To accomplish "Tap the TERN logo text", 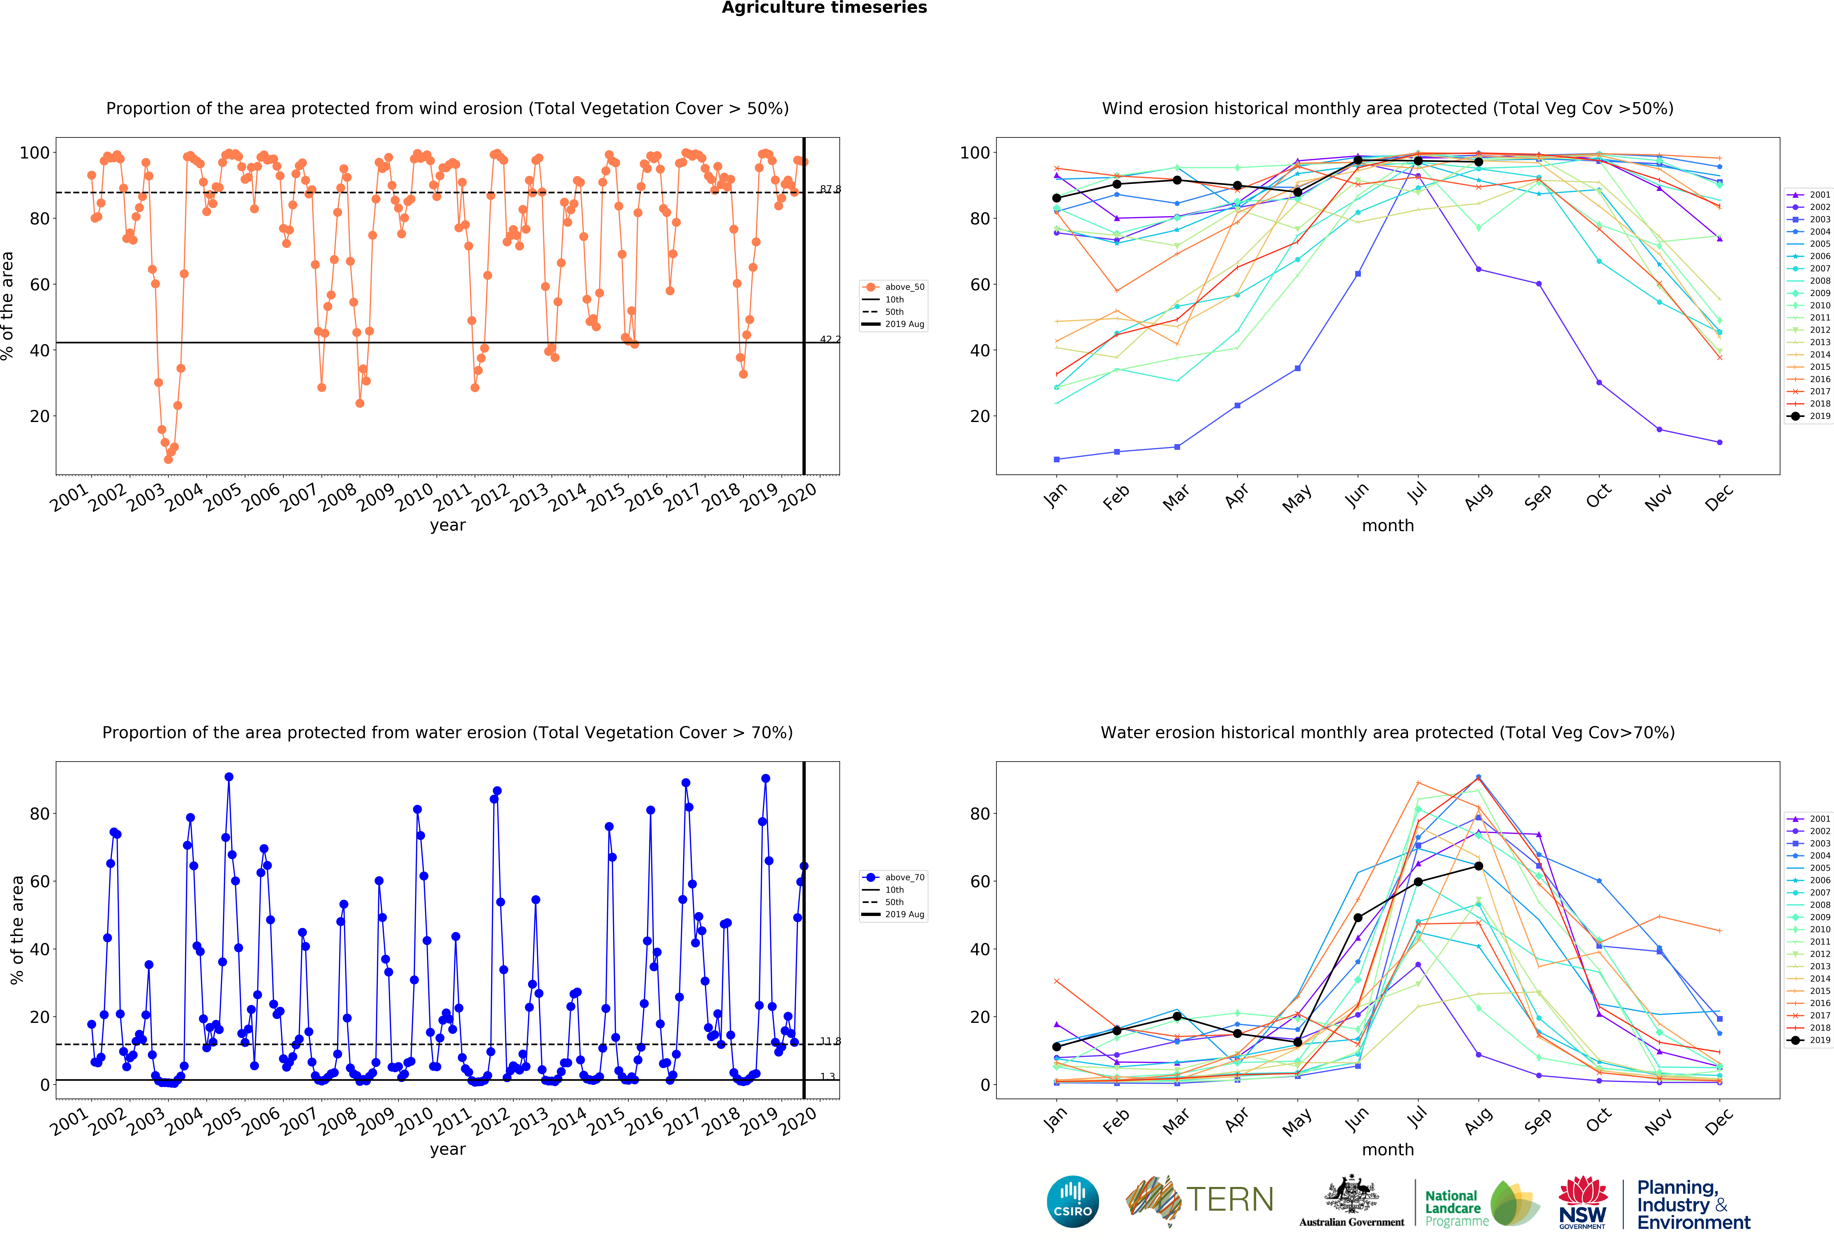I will point(1230,1200).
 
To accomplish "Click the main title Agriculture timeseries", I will point(824,8).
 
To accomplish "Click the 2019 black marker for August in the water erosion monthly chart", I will point(1478,866).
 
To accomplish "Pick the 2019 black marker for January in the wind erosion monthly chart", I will point(1057,198).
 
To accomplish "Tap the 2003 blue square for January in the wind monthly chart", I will point(1057,459).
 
